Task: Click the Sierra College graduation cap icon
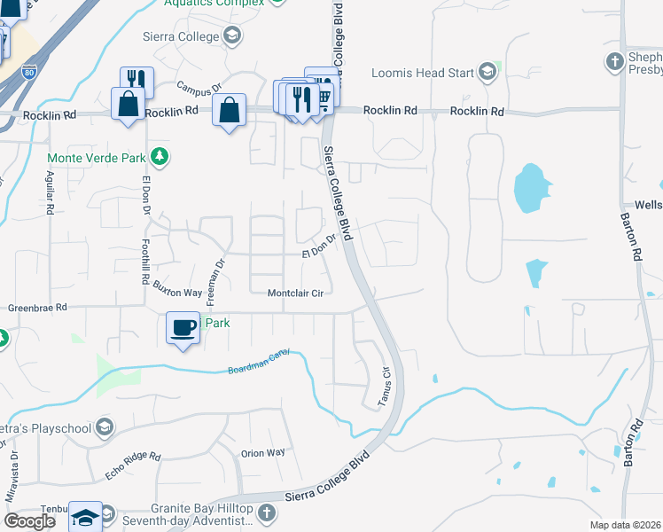click(x=232, y=36)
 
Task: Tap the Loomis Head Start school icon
click(x=486, y=72)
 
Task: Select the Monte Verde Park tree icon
click(x=160, y=157)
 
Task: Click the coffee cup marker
click(x=183, y=327)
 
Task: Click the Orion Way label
click(x=263, y=452)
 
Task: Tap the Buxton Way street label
click(x=177, y=289)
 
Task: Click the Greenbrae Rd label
click(x=37, y=308)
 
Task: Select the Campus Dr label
click(x=198, y=89)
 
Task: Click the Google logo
click(x=30, y=521)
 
